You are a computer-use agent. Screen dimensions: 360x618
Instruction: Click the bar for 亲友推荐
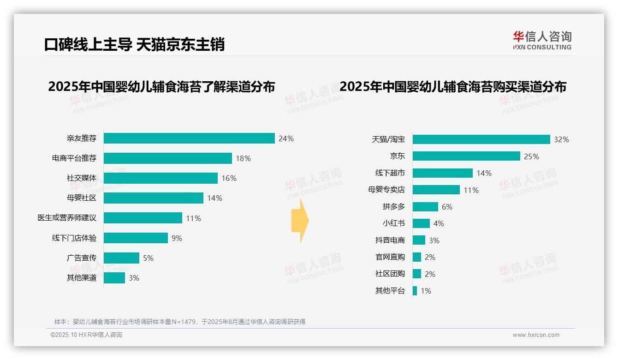[x=189, y=138]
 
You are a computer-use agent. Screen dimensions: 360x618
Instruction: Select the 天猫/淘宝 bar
[x=481, y=139]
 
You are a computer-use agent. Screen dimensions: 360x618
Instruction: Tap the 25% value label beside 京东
[x=531, y=156]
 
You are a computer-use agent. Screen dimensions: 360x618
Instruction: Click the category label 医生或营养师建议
[x=67, y=218]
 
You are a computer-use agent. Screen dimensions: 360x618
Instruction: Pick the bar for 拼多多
[x=425, y=207]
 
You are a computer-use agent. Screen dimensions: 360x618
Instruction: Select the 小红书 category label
[x=393, y=223]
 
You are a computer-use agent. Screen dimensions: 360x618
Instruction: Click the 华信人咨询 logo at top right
[x=542, y=40]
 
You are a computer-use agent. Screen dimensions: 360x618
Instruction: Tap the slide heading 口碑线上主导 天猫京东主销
[x=134, y=45]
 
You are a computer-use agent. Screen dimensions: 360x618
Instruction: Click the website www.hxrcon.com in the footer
[x=535, y=335]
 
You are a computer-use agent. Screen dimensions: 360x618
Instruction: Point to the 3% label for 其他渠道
[x=134, y=278]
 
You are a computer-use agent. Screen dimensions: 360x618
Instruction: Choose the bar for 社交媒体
[x=160, y=178]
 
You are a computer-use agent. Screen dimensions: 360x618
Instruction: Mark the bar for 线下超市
[x=443, y=173]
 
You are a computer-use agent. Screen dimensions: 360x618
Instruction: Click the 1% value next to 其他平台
[x=426, y=291]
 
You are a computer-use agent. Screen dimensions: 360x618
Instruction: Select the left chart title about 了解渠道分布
[x=161, y=87]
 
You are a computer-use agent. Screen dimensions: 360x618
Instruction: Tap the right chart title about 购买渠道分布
[x=453, y=87]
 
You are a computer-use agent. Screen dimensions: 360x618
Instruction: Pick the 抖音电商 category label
[x=390, y=240]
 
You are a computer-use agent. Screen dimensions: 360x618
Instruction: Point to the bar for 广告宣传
[x=121, y=258]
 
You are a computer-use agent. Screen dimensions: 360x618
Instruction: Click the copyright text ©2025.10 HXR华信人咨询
[x=86, y=335]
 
